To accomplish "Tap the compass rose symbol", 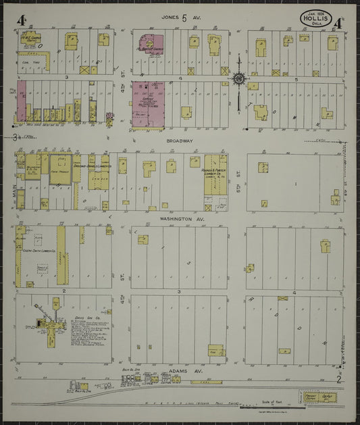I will pyautogui.click(x=239, y=78).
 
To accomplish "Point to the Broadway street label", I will pyautogui.click(x=180, y=141).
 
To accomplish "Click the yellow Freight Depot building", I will pyautogui.click(x=319, y=397).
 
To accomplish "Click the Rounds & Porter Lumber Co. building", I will pyautogui.click(x=216, y=174).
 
